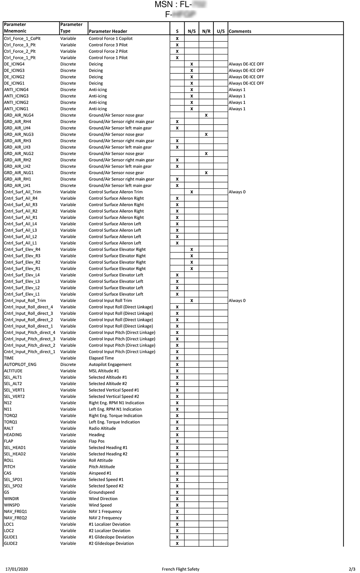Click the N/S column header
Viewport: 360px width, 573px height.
pos(192,31)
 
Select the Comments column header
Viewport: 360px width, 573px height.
pos(240,31)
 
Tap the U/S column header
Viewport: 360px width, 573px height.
pos(221,31)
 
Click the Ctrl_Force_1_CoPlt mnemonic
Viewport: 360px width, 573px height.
pos(22,39)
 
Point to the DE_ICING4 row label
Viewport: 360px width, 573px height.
pos(14,64)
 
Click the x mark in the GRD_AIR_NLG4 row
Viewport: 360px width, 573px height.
pos(206,115)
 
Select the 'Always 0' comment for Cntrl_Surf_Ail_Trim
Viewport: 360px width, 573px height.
pos(237,192)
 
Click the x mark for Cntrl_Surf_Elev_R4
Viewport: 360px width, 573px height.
pos(192,249)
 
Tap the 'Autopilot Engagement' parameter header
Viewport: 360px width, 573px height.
pos(110,365)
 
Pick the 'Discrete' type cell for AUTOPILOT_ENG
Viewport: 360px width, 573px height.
pos(68,365)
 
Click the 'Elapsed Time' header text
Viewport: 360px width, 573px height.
pos(101,358)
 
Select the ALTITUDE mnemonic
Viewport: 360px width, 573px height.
pos(13,371)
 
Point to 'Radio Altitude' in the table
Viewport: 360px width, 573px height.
pos(102,428)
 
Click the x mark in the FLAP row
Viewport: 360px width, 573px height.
pos(177,441)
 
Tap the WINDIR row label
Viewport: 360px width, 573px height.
pos(11,499)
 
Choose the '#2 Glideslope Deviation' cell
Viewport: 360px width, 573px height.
pos(111,543)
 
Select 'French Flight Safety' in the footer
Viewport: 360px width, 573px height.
pos(180,569)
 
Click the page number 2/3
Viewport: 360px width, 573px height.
pos(352,569)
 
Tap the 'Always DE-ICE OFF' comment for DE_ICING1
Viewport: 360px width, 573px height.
pos(246,83)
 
